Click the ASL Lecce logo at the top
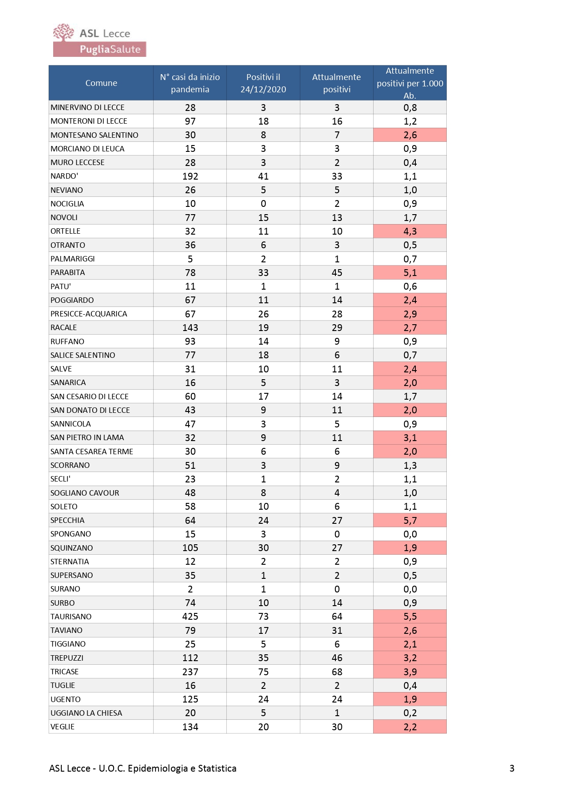point(100,40)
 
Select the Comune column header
point(101,83)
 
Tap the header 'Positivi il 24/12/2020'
point(263,83)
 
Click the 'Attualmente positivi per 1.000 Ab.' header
point(410,83)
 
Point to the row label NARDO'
point(65,176)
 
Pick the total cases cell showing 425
point(190,617)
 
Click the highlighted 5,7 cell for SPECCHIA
point(410,520)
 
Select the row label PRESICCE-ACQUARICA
point(89,314)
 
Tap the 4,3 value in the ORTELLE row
point(410,231)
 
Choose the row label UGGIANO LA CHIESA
point(86,713)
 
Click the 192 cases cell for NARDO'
point(190,176)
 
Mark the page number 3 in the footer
point(512,768)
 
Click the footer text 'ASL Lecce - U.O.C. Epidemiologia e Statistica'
point(143,768)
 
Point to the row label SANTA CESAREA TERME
point(92,452)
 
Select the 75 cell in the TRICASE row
point(264,672)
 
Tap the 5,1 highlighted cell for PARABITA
point(410,273)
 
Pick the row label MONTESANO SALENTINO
point(95,135)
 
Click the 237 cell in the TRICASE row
point(190,672)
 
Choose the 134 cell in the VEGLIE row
point(190,727)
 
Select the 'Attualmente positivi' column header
point(336,83)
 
